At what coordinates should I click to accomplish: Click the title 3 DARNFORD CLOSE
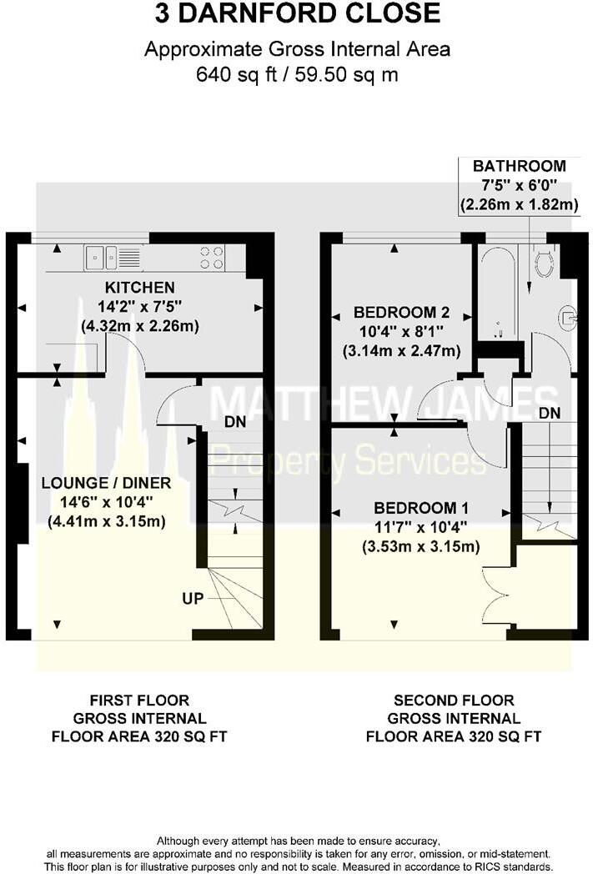297,14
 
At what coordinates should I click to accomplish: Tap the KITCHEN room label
139,287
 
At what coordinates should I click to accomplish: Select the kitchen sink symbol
104,258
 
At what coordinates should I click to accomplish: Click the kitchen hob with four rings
212,258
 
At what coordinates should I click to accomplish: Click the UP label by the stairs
193,599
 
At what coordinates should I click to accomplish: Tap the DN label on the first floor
235,422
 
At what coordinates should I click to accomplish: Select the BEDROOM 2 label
401,313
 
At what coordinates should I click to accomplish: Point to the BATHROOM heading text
519,166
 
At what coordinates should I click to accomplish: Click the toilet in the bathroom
545,263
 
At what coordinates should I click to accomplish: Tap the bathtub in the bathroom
497,292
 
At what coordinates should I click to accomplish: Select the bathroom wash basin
568,316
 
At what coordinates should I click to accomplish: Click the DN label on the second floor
549,414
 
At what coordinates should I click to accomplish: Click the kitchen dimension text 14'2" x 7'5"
139,306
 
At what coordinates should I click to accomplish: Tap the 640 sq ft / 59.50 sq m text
297,74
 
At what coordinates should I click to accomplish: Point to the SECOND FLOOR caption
454,701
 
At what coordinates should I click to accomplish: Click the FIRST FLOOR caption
139,701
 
